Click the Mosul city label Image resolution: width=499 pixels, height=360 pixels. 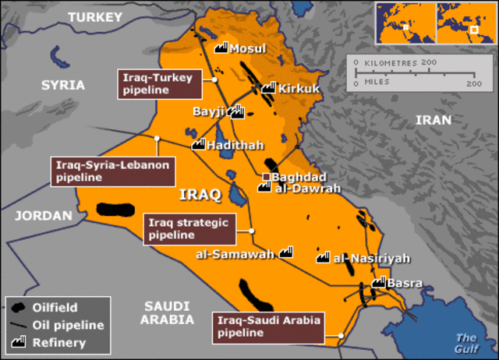coord(248,49)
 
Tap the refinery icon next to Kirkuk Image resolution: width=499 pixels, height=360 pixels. coord(268,88)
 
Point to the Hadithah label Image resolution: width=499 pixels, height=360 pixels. coord(235,145)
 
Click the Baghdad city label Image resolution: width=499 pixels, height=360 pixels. coord(302,177)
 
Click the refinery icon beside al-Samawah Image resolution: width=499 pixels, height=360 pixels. coord(285,252)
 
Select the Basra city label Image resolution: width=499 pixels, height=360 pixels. coord(405,282)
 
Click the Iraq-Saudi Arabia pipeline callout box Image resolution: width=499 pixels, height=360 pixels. coord(268,326)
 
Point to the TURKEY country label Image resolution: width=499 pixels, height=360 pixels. coord(95,16)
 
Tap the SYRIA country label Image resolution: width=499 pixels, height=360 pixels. coord(62,85)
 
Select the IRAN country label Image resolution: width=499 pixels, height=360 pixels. coord(433,120)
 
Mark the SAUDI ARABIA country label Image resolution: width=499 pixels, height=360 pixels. coord(167,312)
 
